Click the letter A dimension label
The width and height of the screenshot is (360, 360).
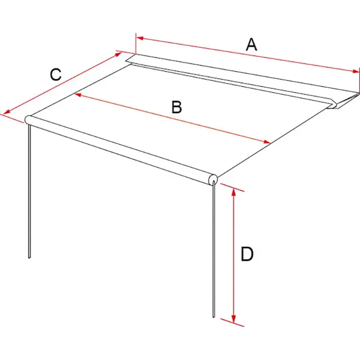coord(251,45)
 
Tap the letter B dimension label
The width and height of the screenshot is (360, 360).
coord(177,107)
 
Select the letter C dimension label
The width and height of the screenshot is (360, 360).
coord(56,75)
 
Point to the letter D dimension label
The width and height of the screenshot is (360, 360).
coord(247,254)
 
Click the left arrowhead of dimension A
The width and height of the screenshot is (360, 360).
coord(140,38)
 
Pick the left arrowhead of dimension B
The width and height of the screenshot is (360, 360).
coord(78,94)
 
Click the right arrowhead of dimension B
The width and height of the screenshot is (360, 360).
coord(267,142)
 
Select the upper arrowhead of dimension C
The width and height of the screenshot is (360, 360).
coord(118,55)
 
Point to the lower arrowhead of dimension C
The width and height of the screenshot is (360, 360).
coord(7,112)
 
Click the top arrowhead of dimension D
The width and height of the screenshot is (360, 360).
coord(234,192)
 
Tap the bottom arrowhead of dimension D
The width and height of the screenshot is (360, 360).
coord(234,319)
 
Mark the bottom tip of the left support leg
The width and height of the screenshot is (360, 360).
coord(29,258)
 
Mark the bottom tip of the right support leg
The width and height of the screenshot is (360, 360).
coord(214,317)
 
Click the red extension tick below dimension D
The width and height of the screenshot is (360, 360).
coord(233,322)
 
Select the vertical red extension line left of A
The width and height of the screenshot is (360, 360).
coord(136,44)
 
